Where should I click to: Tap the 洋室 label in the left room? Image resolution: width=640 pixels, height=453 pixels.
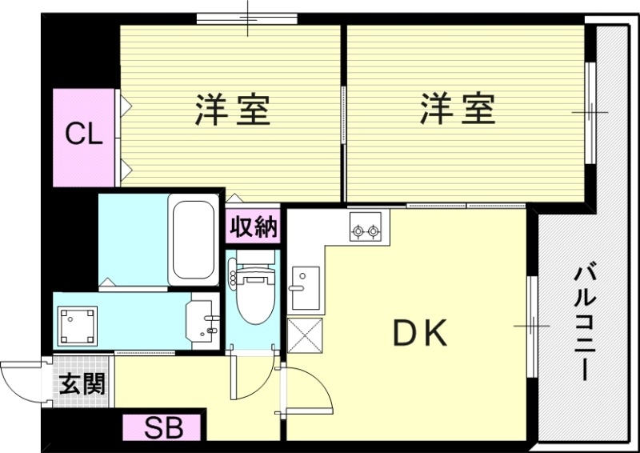point(233,110)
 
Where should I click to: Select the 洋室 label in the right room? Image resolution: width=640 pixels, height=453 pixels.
point(458,110)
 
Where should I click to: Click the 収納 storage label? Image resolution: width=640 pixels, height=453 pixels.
point(253,228)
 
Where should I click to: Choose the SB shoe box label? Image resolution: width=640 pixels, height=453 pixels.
point(164,427)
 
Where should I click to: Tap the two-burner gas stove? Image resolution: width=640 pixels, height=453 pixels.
point(366,231)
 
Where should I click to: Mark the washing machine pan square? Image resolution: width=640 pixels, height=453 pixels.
point(77,324)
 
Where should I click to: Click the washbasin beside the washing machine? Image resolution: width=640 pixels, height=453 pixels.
point(202,323)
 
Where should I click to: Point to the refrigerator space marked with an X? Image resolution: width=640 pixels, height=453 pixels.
point(304,335)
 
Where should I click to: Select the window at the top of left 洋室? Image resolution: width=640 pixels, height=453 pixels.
point(247,18)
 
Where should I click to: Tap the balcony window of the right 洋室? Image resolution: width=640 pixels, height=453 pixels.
point(590,112)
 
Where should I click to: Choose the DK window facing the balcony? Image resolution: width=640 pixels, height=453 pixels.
point(531,326)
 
